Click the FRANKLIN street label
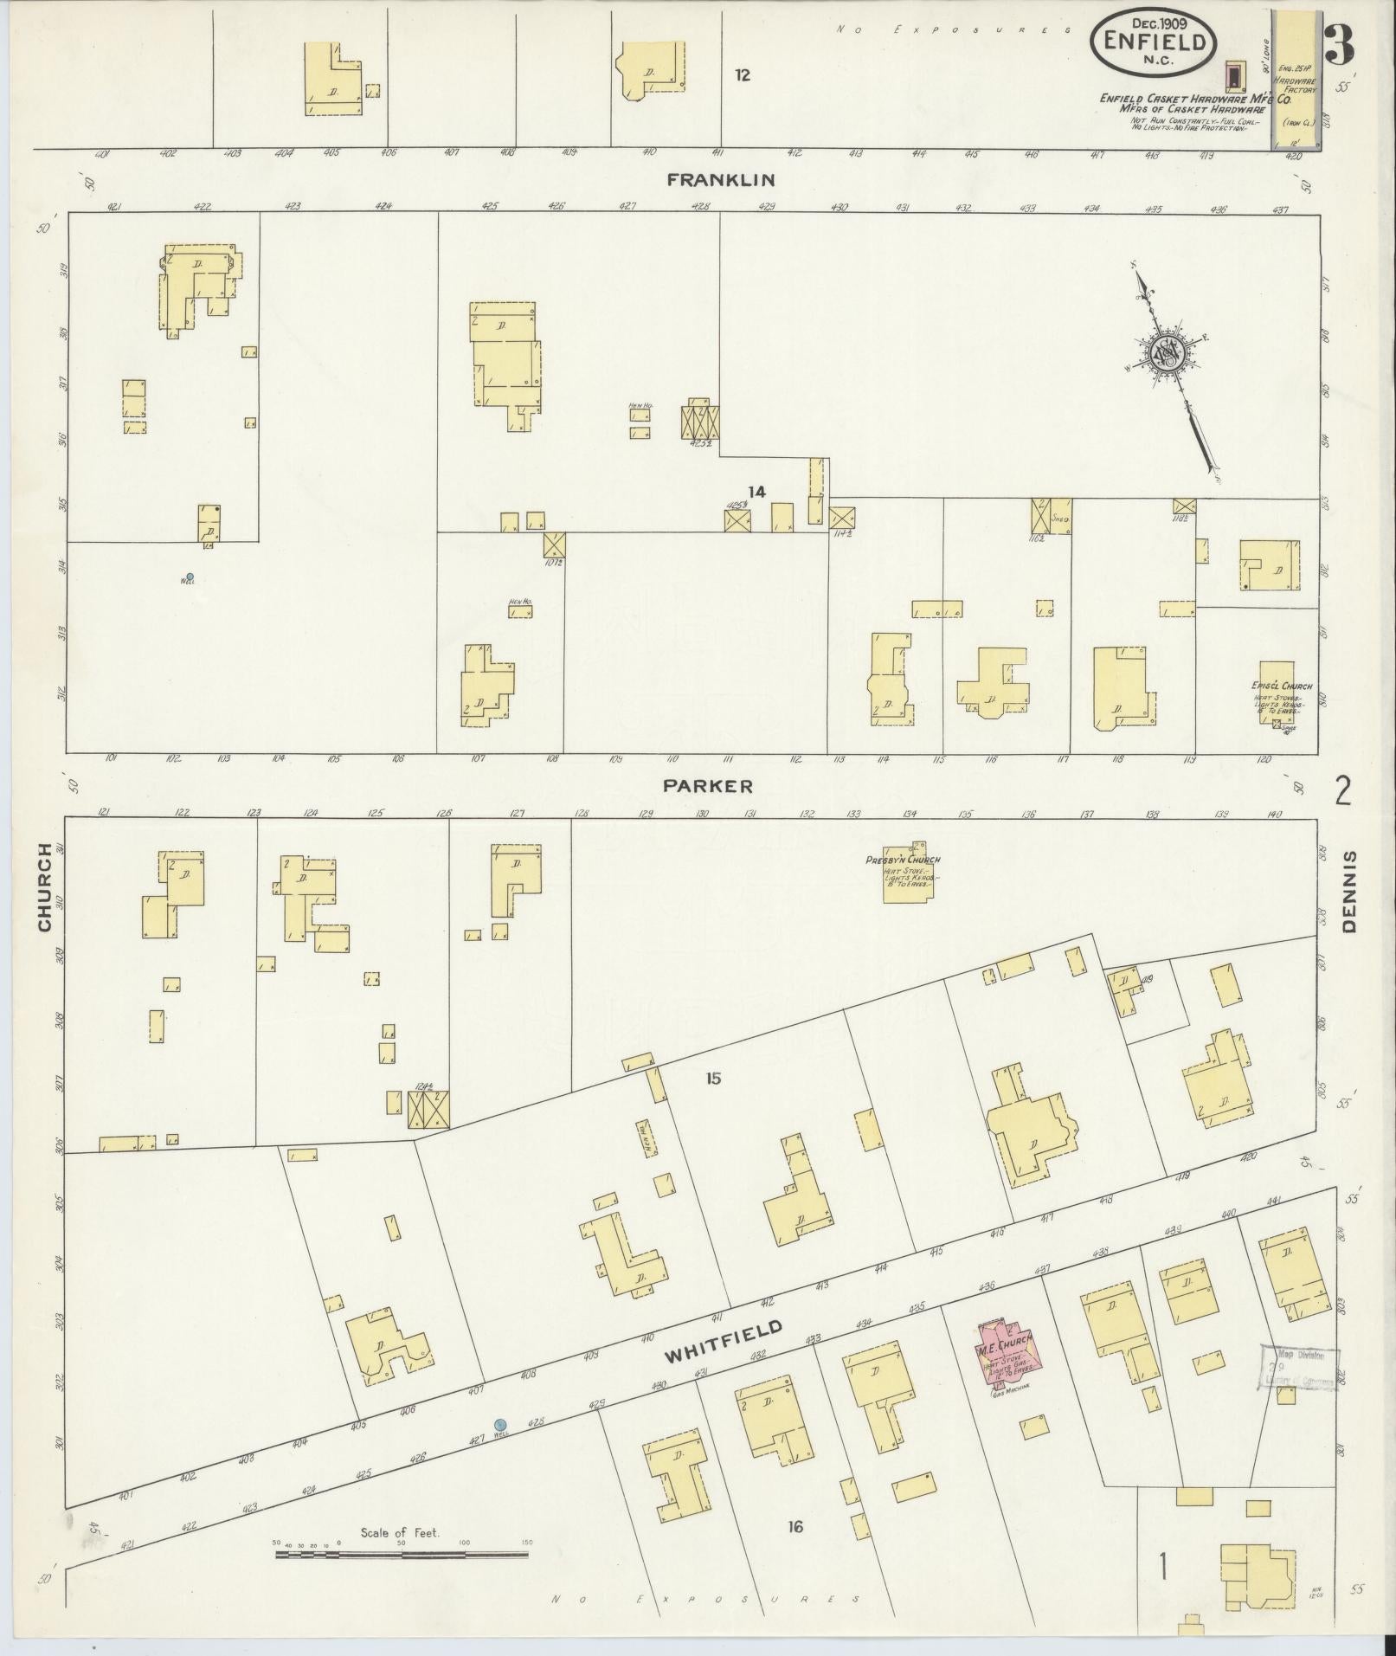[720, 180]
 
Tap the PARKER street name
[708, 786]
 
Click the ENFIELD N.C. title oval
[1153, 42]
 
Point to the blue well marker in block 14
[190, 577]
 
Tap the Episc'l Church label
[1281, 686]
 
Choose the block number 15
[712, 1079]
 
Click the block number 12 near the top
[742, 75]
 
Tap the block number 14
[756, 492]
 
